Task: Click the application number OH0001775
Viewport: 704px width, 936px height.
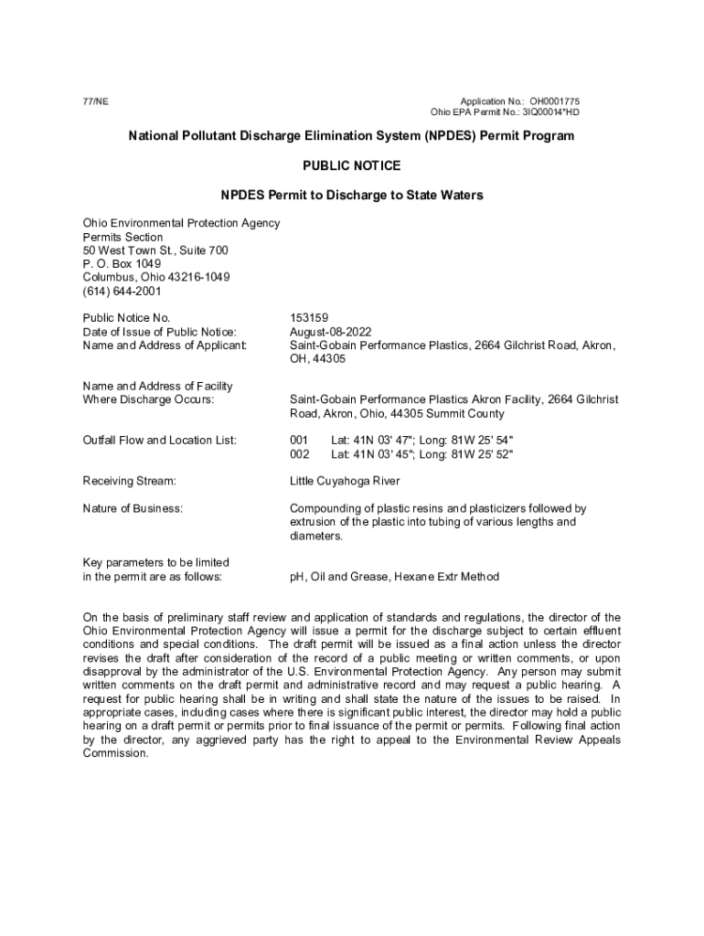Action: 553,101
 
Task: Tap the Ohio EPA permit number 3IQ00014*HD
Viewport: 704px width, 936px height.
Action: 547,112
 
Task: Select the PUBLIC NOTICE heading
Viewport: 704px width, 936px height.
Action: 351,165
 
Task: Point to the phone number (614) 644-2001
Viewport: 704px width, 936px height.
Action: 122,292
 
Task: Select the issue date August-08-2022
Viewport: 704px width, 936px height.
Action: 331,332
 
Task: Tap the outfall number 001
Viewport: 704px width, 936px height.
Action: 300,441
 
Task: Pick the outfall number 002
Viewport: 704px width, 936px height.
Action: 300,454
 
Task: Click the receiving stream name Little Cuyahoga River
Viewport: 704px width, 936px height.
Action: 345,481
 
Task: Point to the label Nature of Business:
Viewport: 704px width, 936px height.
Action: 133,508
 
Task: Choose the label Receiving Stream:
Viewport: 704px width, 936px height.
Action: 129,481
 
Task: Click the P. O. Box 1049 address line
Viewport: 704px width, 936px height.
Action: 122,264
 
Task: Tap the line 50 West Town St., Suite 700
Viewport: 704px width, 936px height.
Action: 155,250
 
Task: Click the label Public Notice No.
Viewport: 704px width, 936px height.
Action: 126,318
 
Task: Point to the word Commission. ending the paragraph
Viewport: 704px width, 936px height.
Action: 115,753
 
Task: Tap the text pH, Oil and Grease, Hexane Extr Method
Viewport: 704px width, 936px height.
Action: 395,577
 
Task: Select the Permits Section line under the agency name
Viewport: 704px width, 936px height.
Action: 123,237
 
